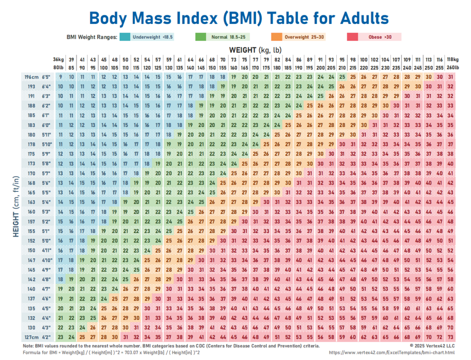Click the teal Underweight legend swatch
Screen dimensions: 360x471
point(124,36)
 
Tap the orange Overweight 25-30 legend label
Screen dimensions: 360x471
point(304,36)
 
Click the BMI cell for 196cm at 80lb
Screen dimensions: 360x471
point(60,77)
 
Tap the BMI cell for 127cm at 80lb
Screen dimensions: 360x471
point(60,337)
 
